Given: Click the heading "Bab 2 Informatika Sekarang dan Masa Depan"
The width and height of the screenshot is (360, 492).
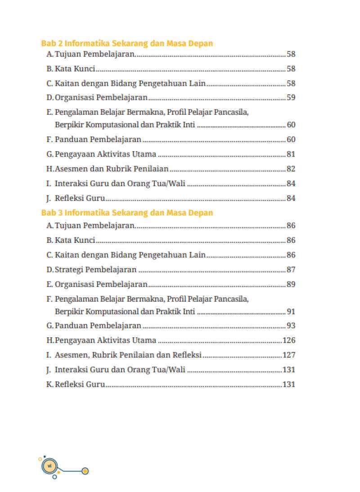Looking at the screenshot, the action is [x=127, y=44].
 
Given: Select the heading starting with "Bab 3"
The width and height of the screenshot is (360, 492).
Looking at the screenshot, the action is [x=127, y=213].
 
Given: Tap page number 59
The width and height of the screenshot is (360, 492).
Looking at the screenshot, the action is [x=291, y=98].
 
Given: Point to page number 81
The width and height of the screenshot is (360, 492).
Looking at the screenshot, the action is [x=291, y=154].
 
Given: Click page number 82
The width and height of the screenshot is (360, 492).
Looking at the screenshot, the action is [x=291, y=169].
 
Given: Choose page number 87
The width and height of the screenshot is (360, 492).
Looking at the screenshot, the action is [x=291, y=270].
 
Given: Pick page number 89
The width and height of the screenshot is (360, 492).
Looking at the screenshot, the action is [x=291, y=284].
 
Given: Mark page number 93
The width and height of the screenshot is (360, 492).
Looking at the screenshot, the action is [x=291, y=326].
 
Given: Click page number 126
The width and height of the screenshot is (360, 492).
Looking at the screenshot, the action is [x=288, y=340].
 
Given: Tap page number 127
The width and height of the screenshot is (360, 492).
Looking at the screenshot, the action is [x=288, y=355].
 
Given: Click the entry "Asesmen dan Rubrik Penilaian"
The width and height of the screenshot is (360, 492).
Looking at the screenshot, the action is [x=112, y=169].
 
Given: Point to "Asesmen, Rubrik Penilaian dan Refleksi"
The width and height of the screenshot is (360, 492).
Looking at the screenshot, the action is [x=128, y=355].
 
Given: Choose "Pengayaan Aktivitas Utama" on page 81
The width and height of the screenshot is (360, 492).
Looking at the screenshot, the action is [x=105, y=154].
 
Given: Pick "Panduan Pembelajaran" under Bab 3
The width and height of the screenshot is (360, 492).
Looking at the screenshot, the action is [x=98, y=326].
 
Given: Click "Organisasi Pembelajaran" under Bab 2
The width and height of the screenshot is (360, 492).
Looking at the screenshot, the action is [x=101, y=98].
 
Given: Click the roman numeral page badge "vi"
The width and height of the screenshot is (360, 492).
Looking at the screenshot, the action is [x=49, y=465].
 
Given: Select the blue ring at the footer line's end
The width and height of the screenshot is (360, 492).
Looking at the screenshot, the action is [x=85, y=471].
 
